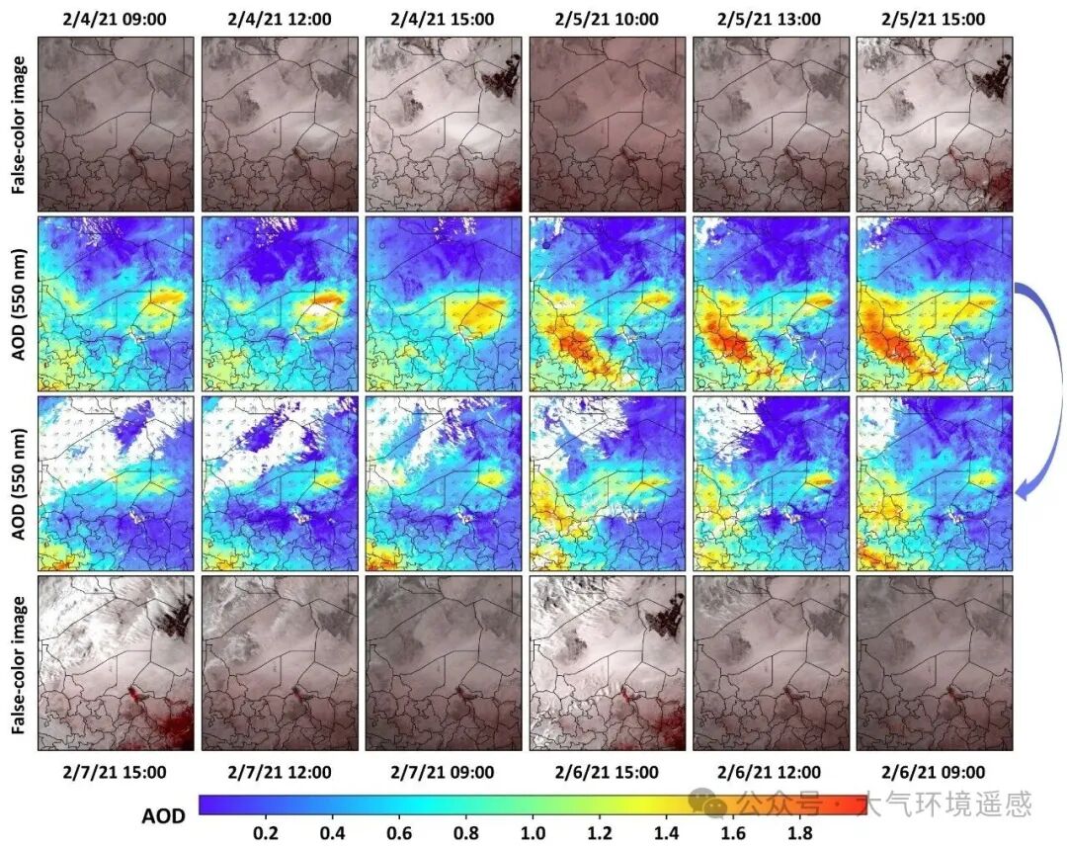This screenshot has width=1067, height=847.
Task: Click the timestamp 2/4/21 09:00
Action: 117,19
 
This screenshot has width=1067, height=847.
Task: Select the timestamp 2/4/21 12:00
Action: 280,19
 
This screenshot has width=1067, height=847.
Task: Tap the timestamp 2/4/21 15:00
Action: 444,19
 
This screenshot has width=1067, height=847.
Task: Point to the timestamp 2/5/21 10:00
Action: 607,19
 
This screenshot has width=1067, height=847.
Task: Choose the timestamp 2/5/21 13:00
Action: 771,19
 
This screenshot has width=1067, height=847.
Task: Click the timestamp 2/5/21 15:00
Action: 934,19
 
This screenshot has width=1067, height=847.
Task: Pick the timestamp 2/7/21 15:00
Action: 117,772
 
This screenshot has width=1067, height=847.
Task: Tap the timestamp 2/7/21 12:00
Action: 280,772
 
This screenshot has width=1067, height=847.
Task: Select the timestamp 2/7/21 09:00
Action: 444,772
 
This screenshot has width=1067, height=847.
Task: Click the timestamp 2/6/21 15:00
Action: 607,772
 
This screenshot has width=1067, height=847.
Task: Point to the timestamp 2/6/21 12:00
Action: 771,772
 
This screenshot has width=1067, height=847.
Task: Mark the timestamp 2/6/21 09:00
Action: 934,772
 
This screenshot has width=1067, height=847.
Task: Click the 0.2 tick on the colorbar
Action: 265,833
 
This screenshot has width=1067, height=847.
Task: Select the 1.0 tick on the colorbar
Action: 533,833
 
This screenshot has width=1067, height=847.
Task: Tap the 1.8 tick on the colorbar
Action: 800,833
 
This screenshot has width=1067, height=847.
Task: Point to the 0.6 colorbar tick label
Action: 399,833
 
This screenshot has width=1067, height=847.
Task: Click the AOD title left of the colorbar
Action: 163,816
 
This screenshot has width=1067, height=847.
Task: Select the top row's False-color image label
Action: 18,124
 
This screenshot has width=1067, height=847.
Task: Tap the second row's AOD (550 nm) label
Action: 18,304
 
